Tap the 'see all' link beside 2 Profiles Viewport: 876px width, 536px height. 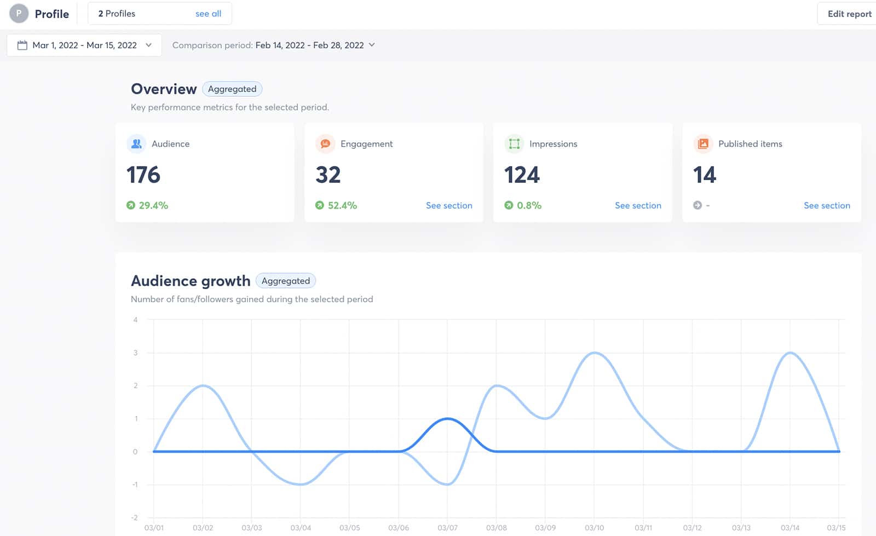click(x=208, y=14)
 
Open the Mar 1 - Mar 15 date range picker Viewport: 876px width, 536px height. click(x=84, y=45)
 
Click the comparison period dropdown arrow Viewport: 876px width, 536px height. click(x=372, y=45)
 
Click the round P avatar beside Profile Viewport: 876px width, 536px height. click(x=19, y=14)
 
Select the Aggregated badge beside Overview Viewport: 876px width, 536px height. click(x=232, y=89)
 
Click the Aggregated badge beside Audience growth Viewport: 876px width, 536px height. click(x=285, y=281)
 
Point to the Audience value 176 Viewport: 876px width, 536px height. click(x=143, y=175)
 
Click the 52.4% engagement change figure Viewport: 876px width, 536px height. click(x=342, y=205)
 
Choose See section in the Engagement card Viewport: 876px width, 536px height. click(x=449, y=205)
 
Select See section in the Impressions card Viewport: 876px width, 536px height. click(x=638, y=205)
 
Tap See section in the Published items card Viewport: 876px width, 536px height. click(x=827, y=205)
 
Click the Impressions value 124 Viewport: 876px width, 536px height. click(x=522, y=175)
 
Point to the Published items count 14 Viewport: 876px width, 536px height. click(x=704, y=175)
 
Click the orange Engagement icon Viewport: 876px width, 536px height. click(x=325, y=143)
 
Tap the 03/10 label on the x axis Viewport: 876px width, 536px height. click(x=594, y=528)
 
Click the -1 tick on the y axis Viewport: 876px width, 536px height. click(x=135, y=485)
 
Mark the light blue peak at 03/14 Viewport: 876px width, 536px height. click(x=790, y=353)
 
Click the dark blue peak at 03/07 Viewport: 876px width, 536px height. click(x=448, y=419)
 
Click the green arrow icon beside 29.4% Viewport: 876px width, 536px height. click(x=130, y=205)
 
